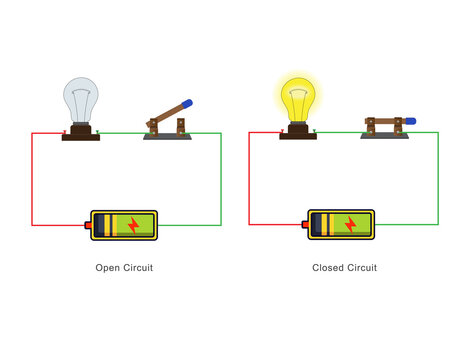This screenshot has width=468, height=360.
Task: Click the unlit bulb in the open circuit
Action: tap(81, 100)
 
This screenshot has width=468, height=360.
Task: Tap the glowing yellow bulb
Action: tap(297, 98)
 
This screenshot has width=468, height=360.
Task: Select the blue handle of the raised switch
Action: tap(187, 103)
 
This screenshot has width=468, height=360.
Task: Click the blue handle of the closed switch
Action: tap(410, 120)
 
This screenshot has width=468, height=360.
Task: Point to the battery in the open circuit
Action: tap(124, 225)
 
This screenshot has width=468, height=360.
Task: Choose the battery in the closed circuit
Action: tap(340, 225)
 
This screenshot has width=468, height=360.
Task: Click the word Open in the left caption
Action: tap(108, 268)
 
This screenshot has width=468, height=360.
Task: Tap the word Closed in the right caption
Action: tap(327, 268)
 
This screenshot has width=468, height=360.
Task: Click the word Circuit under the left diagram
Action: tap(138, 268)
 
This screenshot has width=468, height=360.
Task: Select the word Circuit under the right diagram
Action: tap(361, 268)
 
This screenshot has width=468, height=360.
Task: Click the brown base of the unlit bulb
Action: tap(81, 133)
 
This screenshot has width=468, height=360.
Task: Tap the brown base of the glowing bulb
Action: tap(297, 132)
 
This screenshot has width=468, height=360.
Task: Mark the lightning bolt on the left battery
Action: tap(133, 225)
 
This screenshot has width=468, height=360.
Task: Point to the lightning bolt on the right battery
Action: tap(350, 225)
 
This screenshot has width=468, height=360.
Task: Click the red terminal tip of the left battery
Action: tap(88, 225)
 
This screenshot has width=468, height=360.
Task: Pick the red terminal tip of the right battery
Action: tap(304, 225)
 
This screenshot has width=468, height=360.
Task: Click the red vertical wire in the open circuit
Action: tap(32, 180)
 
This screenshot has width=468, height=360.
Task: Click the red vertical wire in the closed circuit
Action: tap(249, 180)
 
